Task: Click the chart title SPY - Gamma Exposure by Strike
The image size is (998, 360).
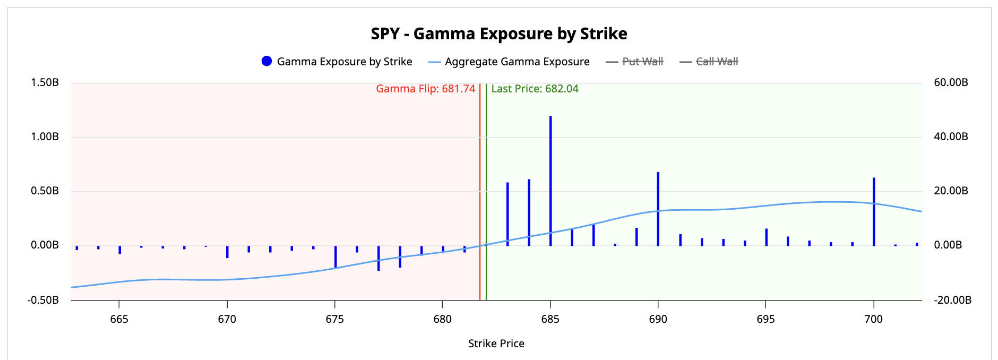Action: (498, 34)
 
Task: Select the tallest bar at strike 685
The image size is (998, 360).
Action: (550, 181)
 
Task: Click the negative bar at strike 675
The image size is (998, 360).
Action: (335, 256)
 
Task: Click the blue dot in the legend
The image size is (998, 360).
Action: (267, 62)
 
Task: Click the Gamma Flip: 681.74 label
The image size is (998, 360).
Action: (425, 89)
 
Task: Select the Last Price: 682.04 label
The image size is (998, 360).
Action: (535, 89)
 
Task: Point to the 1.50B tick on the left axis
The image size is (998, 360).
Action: (45, 82)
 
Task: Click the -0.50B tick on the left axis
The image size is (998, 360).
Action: (44, 300)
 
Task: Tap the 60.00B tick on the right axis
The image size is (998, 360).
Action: (951, 82)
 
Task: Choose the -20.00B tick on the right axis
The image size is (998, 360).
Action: (952, 300)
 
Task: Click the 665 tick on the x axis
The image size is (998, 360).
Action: (119, 319)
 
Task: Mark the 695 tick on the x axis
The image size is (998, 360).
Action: (765, 319)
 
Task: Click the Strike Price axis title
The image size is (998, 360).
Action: (496, 344)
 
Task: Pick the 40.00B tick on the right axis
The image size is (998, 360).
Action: (951, 136)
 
